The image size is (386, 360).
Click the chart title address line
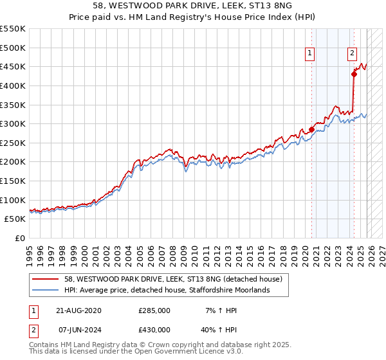[x=193, y=6]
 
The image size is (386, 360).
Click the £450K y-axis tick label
[x=13, y=66]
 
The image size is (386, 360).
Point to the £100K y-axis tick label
[x=13, y=200]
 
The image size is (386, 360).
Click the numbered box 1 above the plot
[x=311, y=54]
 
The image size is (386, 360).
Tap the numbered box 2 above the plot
[x=353, y=54]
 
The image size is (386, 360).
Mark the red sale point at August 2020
[x=312, y=129]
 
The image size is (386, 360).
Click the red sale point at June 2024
[x=354, y=74]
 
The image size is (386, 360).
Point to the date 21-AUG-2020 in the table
[x=78, y=310]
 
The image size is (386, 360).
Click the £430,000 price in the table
[x=154, y=329]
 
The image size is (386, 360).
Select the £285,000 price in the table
[x=154, y=310]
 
